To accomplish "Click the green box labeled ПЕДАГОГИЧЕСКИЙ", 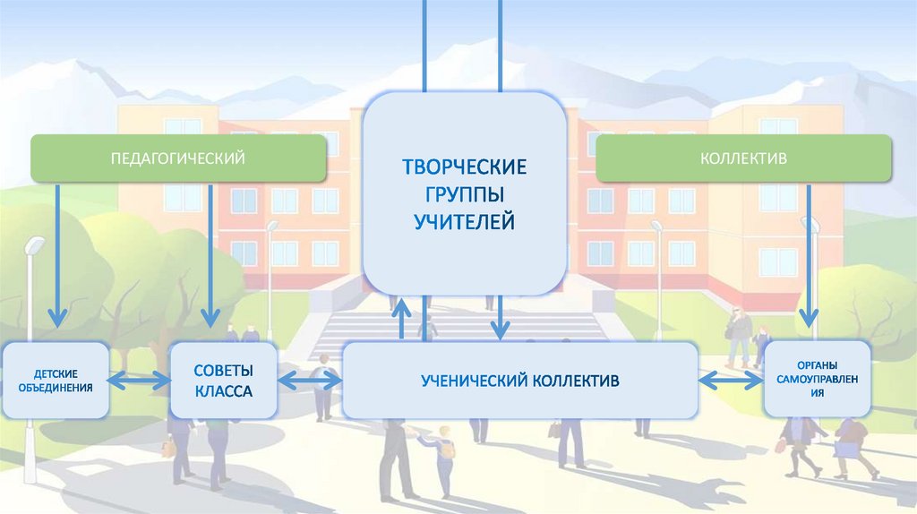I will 178,158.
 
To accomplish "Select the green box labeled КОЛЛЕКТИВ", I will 743,158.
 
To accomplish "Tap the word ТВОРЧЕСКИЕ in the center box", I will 464,167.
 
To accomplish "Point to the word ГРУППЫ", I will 464,193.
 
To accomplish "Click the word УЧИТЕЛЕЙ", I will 464,220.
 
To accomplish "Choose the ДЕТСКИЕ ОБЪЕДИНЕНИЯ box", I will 56,381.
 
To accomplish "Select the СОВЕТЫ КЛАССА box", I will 223,381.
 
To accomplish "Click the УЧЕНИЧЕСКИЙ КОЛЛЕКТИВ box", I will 520,381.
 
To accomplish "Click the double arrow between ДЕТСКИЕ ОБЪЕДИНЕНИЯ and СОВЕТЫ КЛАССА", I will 140,381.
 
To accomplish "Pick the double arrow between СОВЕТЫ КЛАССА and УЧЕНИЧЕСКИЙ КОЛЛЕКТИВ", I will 310,381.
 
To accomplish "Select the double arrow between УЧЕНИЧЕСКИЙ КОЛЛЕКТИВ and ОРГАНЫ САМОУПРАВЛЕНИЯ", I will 730,381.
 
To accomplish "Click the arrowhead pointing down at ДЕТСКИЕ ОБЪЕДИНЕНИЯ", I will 57,317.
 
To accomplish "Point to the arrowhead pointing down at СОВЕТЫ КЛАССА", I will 210,317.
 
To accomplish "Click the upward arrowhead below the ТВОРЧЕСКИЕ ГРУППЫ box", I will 401,309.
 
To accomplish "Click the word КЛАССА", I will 223,392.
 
